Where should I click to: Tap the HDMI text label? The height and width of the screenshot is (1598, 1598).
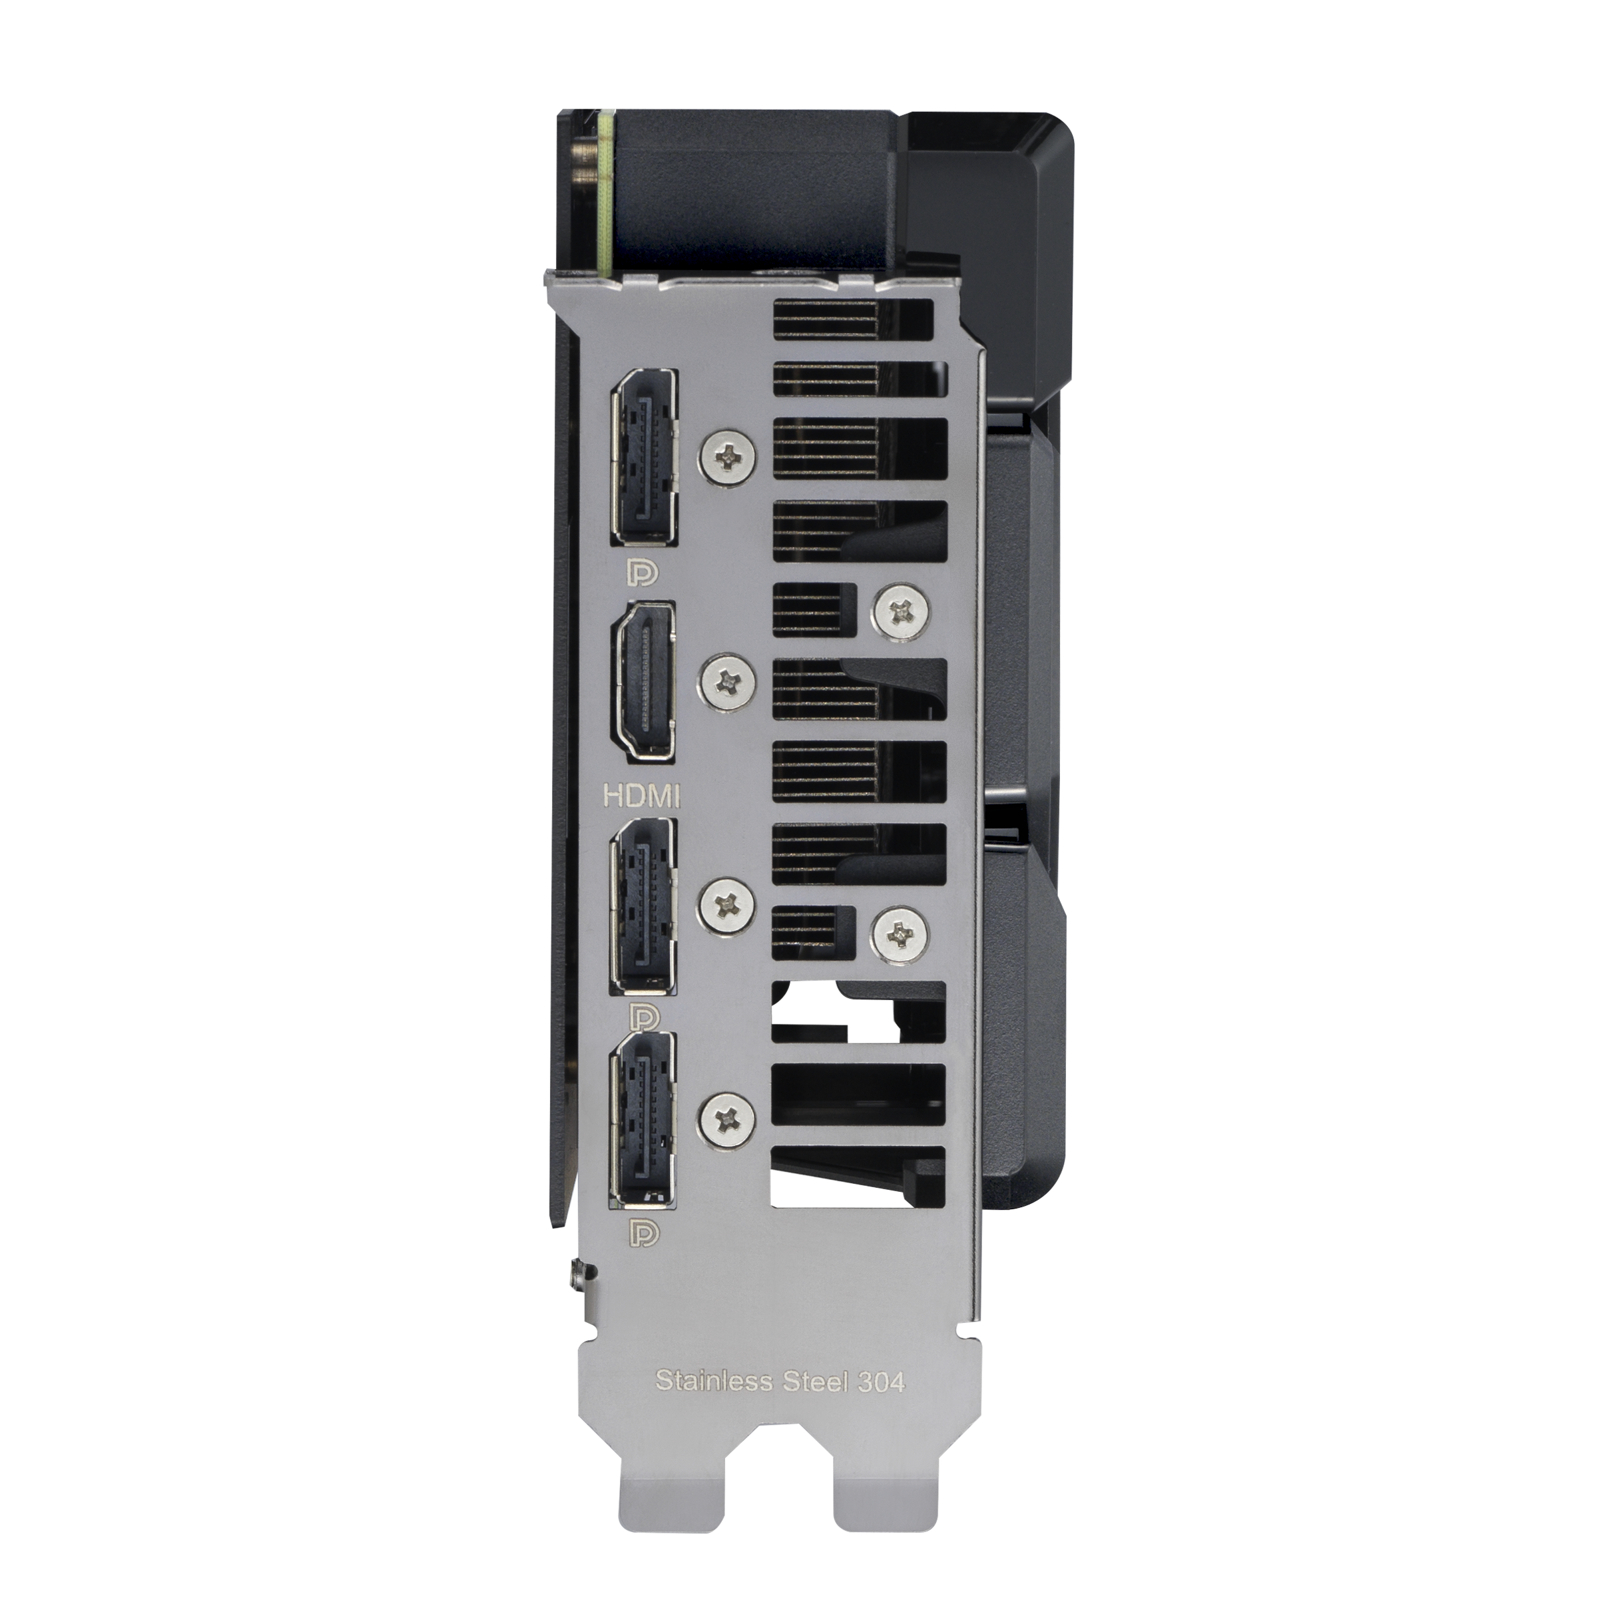point(642,796)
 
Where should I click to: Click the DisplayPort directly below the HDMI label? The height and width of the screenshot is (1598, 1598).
point(643,906)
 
